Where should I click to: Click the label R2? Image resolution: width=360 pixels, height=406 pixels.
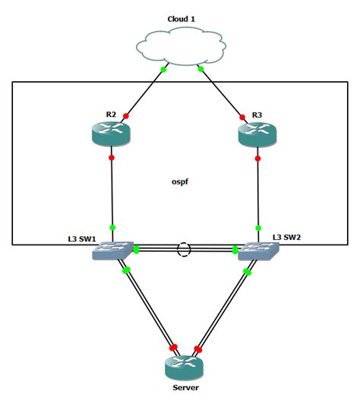tap(111, 115)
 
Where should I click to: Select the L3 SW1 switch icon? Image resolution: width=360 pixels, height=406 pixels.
tap(112, 251)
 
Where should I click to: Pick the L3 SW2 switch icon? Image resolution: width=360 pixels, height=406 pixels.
tap(256, 251)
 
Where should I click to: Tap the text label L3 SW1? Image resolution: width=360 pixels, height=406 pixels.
tap(82, 239)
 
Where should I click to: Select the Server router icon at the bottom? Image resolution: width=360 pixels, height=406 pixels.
tap(185, 368)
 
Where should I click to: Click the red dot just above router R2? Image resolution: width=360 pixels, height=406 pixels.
tap(125, 115)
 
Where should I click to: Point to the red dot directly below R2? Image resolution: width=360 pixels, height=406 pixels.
tap(112, 158)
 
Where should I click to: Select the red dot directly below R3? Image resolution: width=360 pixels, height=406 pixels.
tap(258, 158)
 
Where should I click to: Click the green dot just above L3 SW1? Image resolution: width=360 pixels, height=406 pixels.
tap(112, 226)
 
